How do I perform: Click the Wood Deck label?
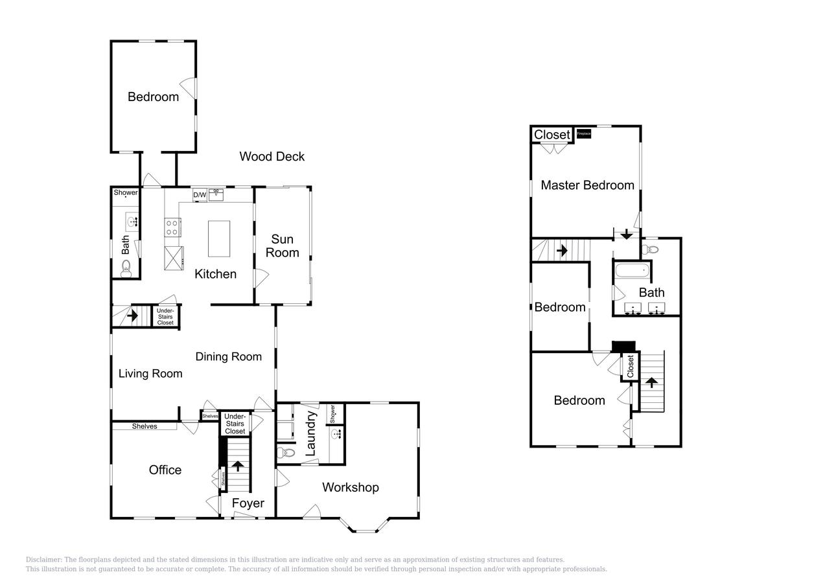[x=272, y=156]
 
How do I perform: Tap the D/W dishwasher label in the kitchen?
[x=200, y=194]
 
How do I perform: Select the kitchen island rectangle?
[x=218, y=240]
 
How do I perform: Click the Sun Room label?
[x=283, y=246]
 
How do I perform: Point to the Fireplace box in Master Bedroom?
[x=583, y=133]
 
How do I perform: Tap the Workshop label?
[x=350, y=487]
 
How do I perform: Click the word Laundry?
[x=310, y=433]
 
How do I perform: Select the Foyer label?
[x=248, y=503]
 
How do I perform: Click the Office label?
[x=165, y=470]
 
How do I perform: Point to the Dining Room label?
[x=228, y=356]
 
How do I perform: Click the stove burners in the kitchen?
[x=173, y=228]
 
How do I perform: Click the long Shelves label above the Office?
[x=145, y=426]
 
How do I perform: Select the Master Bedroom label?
[x=587, y=185]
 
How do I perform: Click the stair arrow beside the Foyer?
[x=238, y=466]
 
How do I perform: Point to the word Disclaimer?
[x=43, y=560]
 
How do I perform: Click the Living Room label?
[x=150, y=373]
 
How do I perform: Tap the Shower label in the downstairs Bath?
[x=126, y=192]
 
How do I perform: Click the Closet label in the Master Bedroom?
[x=552, y=135]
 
